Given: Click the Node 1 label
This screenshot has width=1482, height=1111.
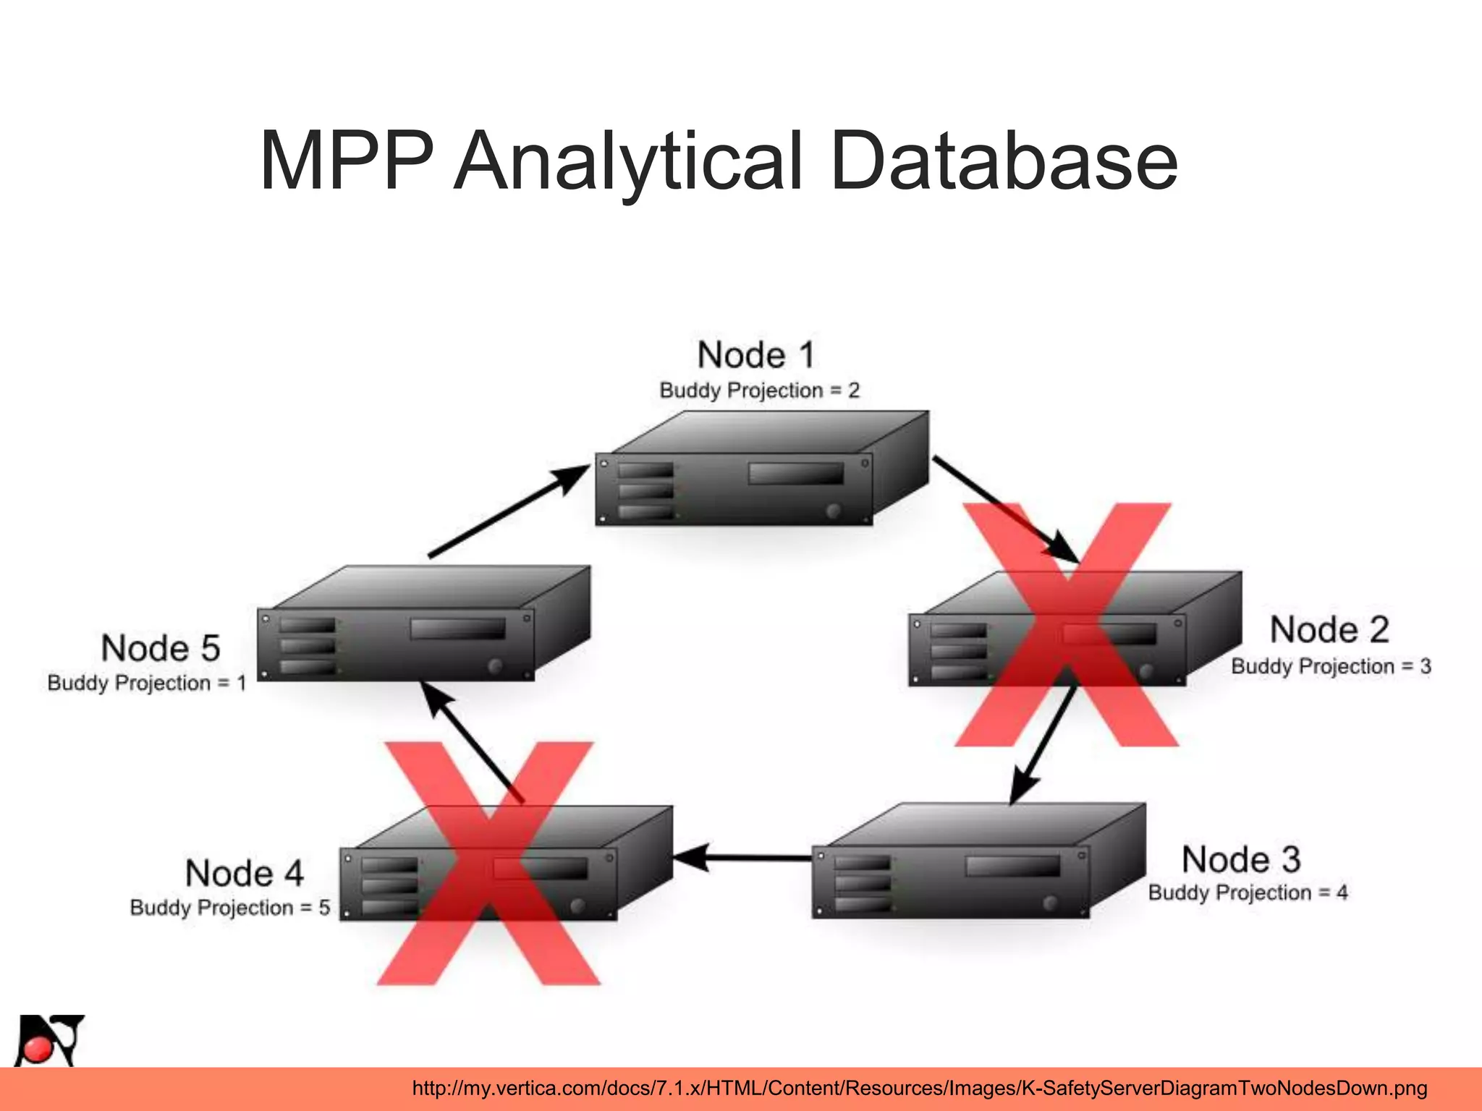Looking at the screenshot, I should pos(756,355).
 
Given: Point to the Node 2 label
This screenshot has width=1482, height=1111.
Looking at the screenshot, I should pos(1329,629).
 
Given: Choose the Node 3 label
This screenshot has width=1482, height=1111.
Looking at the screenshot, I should pos(1241,859).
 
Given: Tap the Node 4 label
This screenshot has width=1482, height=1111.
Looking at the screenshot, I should pos(245,873).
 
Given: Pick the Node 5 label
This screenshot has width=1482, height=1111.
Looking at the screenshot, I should pos(161,648).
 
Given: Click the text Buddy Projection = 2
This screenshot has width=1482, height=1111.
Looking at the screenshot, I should pos(759,391).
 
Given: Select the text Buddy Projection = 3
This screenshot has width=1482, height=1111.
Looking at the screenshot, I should pos(1331,666).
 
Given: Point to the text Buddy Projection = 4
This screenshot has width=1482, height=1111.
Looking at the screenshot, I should pos(1248,893).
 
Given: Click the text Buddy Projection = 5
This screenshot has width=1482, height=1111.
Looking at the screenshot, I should pos(230,908).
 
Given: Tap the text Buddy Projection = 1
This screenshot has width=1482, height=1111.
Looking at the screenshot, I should pos(147,683).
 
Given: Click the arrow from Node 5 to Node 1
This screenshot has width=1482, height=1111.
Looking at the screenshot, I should pos(509,512).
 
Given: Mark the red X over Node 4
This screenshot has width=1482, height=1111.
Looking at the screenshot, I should pos(489,864).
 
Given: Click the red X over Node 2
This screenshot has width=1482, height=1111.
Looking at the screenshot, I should pos(1067,625).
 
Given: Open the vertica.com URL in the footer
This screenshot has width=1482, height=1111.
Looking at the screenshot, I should pos(919,1089).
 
